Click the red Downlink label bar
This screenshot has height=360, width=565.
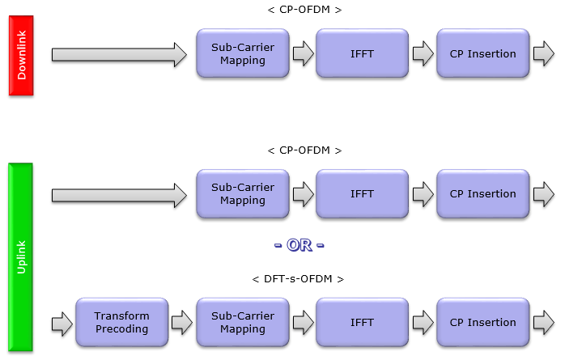[x=21, y=56]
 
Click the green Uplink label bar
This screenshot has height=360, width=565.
[x=21, y=257]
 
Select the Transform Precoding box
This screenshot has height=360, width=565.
[x=121, y=322]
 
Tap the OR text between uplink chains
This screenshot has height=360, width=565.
[x=299, y=245]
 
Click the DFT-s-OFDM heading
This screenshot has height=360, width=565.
[x=298, y=279]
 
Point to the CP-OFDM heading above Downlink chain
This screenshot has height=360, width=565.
[x=304, y=10]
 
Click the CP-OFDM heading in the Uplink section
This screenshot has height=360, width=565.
[x=304, y=150]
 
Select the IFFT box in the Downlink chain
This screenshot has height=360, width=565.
[x=362, y=53]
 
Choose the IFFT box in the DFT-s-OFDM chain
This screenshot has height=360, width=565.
[x=362, y=322]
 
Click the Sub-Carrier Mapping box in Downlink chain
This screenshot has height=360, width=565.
[x=243, y=53]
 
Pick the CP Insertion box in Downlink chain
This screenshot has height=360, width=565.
[x=483, y=53]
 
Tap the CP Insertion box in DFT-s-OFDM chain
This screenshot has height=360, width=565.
[x=483, y=322]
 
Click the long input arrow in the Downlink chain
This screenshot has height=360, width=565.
[x=119, y=55]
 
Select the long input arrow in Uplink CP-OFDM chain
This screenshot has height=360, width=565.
[x=119, y=196]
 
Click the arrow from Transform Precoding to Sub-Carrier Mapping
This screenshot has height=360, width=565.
[x=182, y=323]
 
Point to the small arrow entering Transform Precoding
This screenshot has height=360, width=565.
[x=62, y=324]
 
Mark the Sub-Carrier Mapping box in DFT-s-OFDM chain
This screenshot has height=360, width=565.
[x=243, y=322]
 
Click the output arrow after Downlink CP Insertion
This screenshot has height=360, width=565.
[x=544, y=53]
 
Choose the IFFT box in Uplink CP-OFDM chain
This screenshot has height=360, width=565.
[x=362, y=193]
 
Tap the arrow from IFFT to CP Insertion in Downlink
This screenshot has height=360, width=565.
[x=423, y=53]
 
